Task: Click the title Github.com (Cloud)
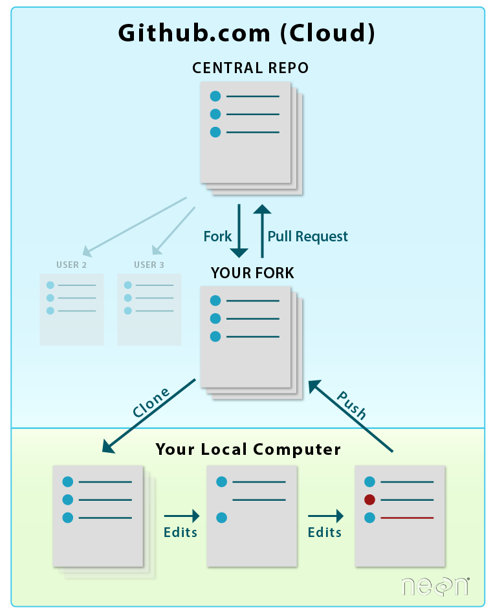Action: coord(246,33)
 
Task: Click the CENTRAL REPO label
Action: coord(250,68)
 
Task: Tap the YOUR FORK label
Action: coord(252,273)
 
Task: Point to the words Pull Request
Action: coord(308,237)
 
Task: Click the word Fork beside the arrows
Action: coord(217,237)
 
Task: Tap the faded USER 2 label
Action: coord(71,265)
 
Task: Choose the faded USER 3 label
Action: coord(149,265)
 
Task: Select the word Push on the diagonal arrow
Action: coord(352,404)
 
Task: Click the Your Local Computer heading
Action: coord(248,449)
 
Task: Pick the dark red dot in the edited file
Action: coord(370,499)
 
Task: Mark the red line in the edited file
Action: coord(407,518)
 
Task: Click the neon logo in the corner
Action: coord(434,586)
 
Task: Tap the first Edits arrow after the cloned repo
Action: coord(182,516)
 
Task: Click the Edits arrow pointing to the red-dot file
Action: coord(325,516)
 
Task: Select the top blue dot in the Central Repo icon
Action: coord(215,96)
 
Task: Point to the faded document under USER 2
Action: coord(71,309)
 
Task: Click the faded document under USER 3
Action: coord(149,309)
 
